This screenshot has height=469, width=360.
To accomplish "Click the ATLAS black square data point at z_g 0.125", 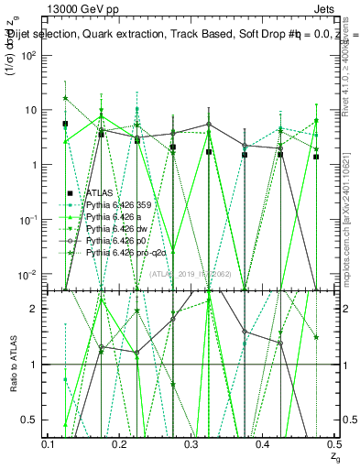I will (66, 124).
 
